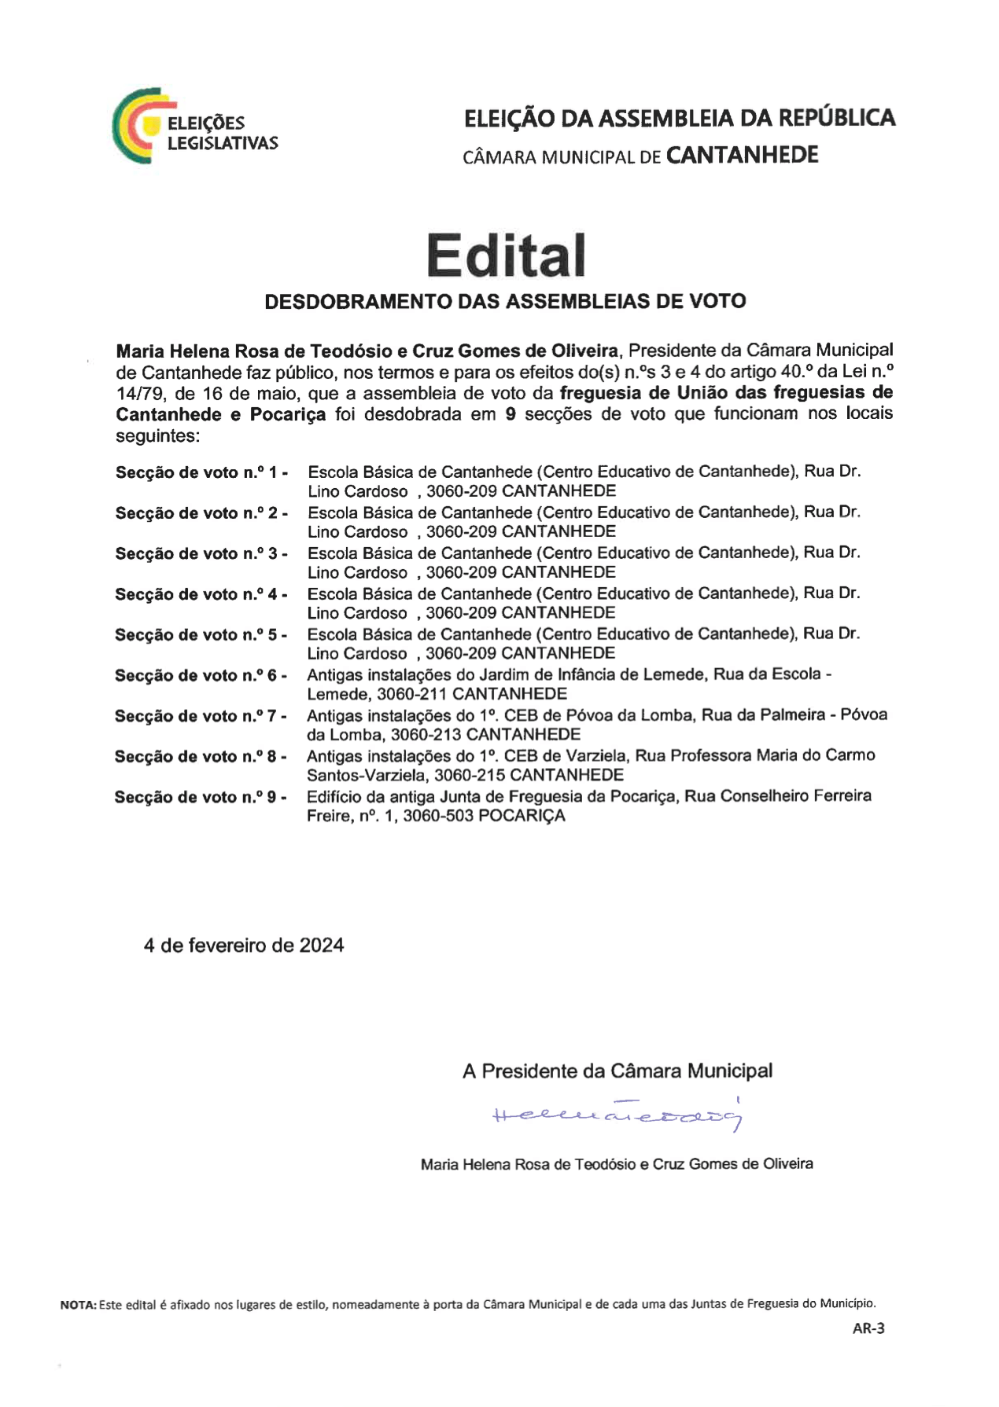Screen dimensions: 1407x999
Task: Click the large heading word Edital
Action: tap(506, 255)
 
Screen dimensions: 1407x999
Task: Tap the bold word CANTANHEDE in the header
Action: tap(742, 155)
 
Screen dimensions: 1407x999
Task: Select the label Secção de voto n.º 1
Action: tap(201, 472)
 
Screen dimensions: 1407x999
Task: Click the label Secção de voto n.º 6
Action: tap(201, 675)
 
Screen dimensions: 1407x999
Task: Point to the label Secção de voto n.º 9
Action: tap(201, 797)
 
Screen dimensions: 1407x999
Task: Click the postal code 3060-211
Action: tap(411, 694)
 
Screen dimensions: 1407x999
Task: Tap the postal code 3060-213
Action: tap(426, 735)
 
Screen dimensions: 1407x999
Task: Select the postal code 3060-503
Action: tap(437, 816)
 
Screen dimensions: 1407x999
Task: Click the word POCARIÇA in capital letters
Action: tap(522, 816)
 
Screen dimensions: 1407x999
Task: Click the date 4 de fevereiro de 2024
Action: tap(244, 945)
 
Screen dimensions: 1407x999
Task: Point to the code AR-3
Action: tap(868, 1328)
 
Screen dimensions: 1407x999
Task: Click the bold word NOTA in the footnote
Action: tap(78, 1305)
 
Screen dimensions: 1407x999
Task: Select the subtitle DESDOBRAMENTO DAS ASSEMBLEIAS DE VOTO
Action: tap(505, 301)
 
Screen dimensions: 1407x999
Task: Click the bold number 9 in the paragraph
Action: tap(511, 414)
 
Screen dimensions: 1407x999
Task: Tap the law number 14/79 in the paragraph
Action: tap(137, 393)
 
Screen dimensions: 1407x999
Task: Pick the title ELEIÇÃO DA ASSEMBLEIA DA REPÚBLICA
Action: tap(680, 118)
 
